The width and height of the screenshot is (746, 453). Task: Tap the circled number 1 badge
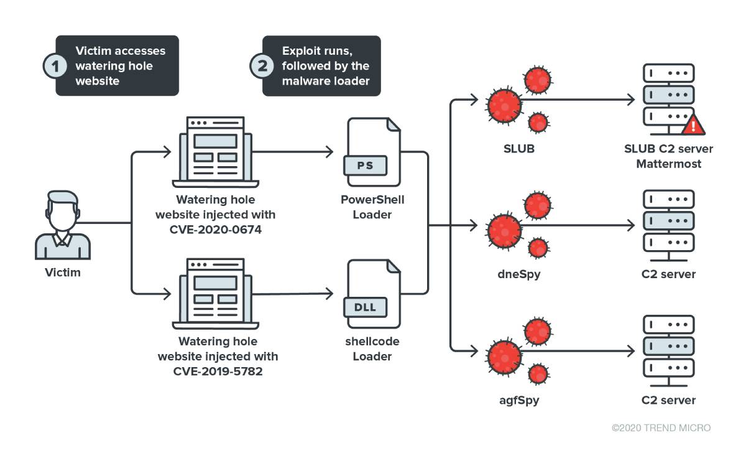[x=55, y=66]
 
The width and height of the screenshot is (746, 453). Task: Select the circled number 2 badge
[x=261, y=66]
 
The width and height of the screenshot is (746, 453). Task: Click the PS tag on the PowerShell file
[x=365, y=166]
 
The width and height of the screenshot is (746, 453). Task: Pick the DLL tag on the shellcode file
[x=365, y=307]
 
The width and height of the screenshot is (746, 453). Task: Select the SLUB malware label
[x=519, y=149]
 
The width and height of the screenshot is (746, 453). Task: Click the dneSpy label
[x=519, y=274]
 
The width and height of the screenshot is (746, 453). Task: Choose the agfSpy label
[x=519, y=400]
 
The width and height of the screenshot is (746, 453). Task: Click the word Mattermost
[x=668, y=164]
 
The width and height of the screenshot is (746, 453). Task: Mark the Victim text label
[x=63, y=273]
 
